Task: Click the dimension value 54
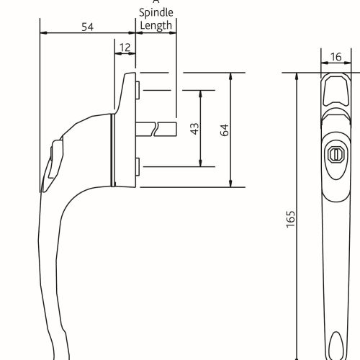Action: click(87, 27)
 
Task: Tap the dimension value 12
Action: click(125, 48)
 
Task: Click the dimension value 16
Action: click(336, 57)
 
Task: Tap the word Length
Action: click(156, 26)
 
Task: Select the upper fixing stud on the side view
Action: click(137, 89)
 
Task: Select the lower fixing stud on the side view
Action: click(137, 168)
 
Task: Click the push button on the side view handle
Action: click(53, 162)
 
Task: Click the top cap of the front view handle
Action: click(335, 90)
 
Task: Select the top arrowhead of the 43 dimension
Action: click(199, 93)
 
